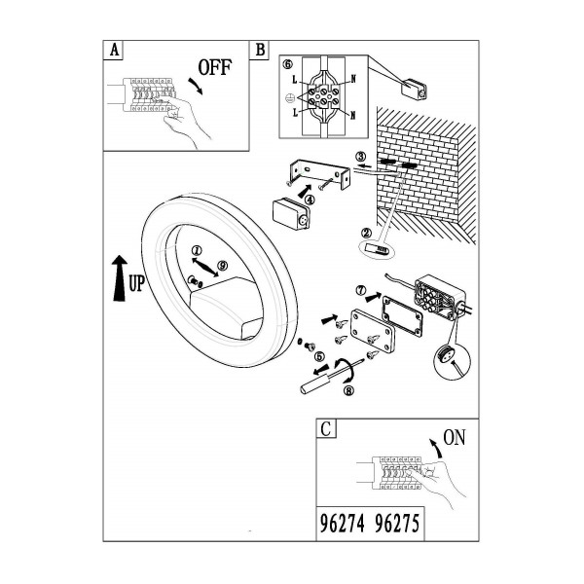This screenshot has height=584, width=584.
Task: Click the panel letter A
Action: tap(114, 50)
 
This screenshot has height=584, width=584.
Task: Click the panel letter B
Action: tap(260, 50)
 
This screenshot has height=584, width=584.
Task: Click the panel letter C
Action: tap(325, 428)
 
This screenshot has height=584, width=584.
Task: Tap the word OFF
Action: tap(214, 67)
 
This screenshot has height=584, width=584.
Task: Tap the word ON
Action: tap(455, 437)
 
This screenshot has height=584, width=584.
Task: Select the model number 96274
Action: tap(343, 524)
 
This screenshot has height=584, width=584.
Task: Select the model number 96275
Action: tap(397, 524)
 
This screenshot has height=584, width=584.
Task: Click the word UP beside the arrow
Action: tap(136, 283)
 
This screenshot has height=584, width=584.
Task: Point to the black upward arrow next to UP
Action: tap(119, 277)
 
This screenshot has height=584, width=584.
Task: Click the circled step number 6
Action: tap(288, 64)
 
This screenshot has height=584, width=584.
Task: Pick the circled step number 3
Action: tap(360, 157)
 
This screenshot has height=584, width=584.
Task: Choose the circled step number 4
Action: tap(310, 200)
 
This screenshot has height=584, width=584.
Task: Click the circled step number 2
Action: tap(367, 234)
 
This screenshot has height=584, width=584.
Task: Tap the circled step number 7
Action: tap(361, 290)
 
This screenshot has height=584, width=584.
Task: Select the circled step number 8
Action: tap(349, 390)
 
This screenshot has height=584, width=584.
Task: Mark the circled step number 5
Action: tap(319, 357)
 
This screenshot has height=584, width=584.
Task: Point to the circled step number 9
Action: tap(222, 266)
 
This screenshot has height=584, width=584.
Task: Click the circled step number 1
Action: tap(197, 250)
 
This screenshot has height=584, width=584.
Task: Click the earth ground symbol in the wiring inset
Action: tap(289, 97)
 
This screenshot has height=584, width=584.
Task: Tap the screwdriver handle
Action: tap(315, 384)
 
